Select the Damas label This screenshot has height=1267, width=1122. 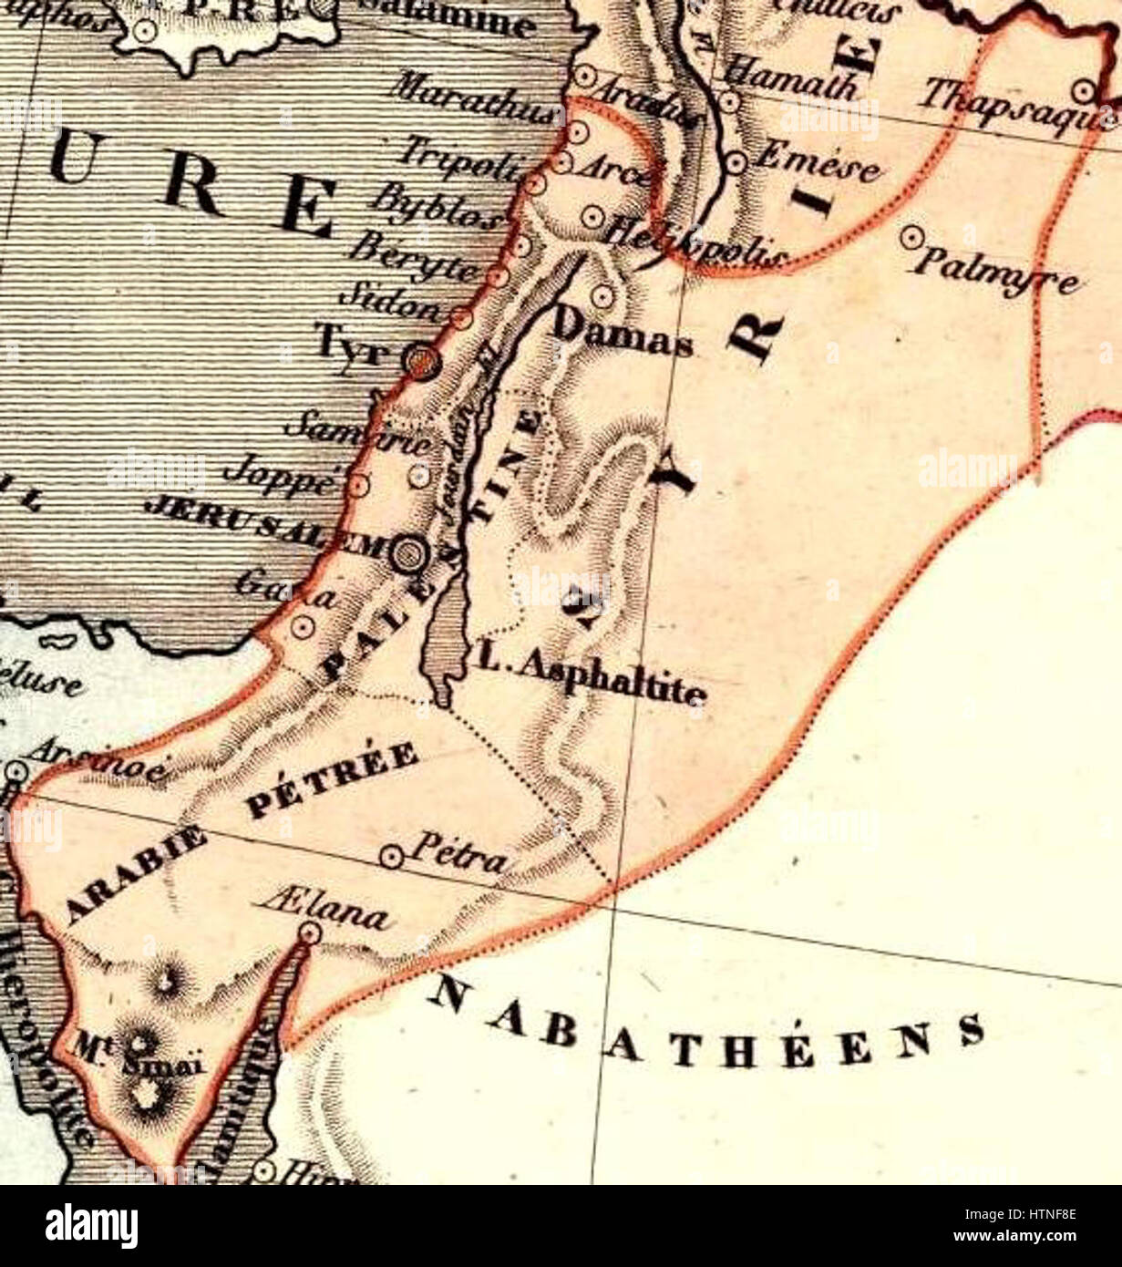pos(623,334)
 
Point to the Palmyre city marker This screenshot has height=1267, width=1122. pos(909,237)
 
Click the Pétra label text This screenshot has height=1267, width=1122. pos(458,853)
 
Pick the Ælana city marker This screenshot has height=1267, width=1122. pos(311,932)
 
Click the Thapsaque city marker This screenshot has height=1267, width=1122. pos(1084,91)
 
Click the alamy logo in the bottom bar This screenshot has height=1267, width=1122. pos(91,1225)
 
